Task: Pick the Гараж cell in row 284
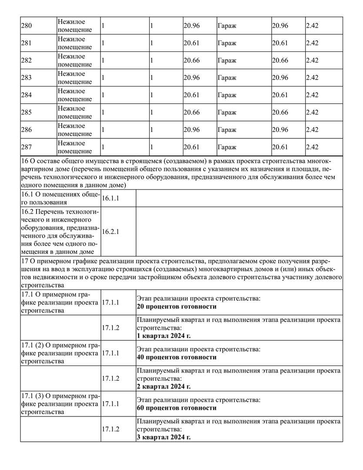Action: (226, 95)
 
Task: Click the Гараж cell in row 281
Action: (226, 43)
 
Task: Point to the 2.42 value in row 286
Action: (312, 130)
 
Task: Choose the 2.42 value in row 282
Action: (312, 60)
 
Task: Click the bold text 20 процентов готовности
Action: (176, 307)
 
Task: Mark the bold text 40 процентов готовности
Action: (176, 357)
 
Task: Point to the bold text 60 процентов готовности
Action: (176, 408)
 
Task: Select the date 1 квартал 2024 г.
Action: (163, 336)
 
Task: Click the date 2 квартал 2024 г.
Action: (163, 386)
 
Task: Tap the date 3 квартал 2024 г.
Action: (163, 437)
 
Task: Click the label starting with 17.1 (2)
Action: (60, 353)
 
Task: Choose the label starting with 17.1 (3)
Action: (60, 404)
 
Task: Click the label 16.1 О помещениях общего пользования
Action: (60, 198)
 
